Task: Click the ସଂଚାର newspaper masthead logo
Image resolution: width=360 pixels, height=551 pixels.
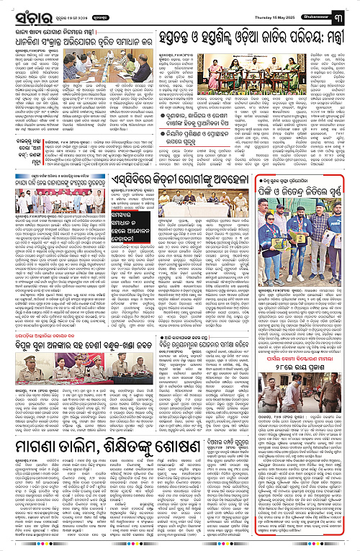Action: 24,12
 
